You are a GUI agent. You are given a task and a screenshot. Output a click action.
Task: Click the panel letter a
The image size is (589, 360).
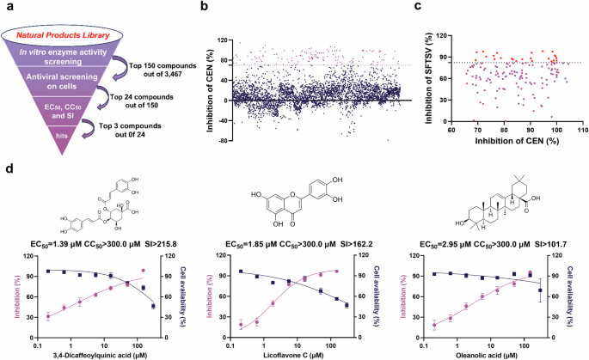click(7, 7)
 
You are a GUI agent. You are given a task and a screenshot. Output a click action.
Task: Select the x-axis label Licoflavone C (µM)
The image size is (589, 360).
click(292, 352)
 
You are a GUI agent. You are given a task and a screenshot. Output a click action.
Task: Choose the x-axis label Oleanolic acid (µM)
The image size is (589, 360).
click(486, 352)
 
